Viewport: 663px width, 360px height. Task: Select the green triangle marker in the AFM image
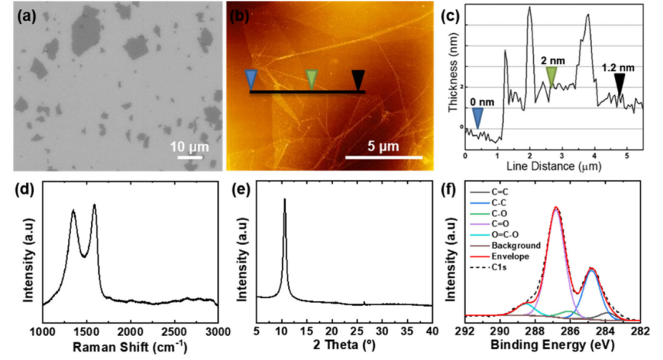point(311,79)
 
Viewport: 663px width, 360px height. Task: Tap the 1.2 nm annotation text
point(619,68)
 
